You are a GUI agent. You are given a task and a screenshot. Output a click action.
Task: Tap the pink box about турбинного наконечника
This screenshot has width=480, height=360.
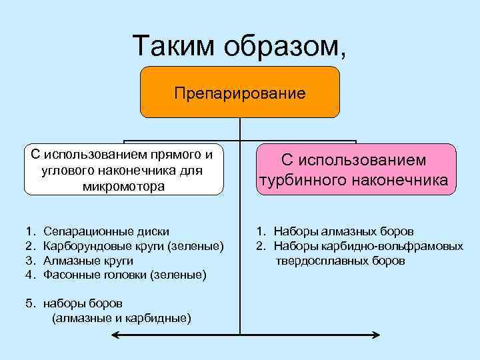tap(354, 170)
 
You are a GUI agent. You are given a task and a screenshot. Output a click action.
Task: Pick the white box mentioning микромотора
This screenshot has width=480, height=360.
tap(124, 170)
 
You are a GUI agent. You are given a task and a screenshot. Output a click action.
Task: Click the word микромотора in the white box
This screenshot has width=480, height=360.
tap(124, 186)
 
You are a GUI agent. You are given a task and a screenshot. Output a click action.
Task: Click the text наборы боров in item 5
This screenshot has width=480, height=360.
tap(83, 303)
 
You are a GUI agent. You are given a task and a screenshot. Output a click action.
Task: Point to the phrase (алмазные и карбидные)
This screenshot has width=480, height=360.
tap(121, 317)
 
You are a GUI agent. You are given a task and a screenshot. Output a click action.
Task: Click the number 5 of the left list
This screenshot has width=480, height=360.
tap(29, 303)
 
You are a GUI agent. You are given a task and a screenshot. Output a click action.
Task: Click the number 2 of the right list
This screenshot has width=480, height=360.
tap(259, 246)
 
